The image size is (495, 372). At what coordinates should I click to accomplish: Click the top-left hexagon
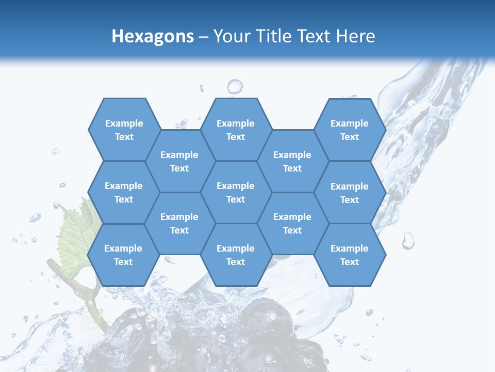click(x=124, y=130)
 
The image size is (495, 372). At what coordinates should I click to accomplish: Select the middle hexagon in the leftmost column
click(x=124, y=192)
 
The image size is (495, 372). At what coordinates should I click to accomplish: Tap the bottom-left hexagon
click(x=123, y=255)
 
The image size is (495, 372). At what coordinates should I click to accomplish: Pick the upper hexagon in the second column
click(x=179, y=161)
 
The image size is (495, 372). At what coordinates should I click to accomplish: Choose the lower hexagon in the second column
click(x=179, y=223)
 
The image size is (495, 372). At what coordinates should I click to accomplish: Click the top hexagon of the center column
click(x=236, y=130)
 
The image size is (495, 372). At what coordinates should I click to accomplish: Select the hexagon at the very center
click(x=236, y=192)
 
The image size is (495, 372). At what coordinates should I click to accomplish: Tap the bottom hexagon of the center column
click(x=236, y=255)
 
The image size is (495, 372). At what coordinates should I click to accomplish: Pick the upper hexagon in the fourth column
click(x=292, y=161)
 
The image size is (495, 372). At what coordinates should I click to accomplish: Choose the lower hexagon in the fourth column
click(x=292, y=223)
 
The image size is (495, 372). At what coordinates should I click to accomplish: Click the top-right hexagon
click(x=350, y=130)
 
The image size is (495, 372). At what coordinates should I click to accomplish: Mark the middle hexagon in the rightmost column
click(x=350, y=193)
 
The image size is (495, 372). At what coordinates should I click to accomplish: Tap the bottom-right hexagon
click(x=350, y=255)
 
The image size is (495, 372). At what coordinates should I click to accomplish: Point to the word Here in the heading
click(x=356, y=36)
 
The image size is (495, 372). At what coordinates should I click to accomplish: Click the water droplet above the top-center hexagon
click(x=235, y=86)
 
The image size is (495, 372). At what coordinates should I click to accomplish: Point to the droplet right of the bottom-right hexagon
click(x=408, y=240)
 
